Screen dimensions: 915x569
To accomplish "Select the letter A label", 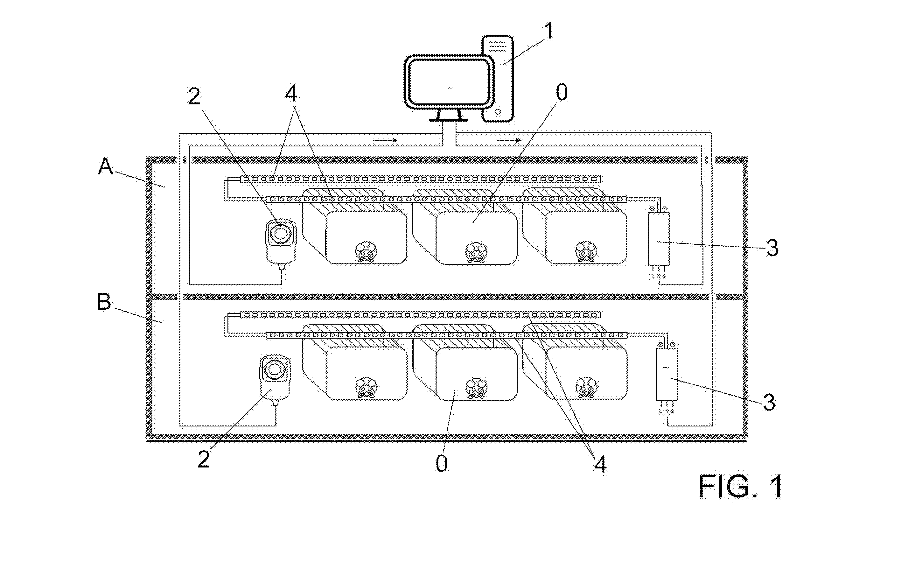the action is (x=105, y=166).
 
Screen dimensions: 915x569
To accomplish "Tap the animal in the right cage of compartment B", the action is (x=586, y=387).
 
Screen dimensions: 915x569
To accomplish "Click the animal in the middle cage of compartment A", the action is (x=476, y=252).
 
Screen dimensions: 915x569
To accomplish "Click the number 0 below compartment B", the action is (x=442, y=464).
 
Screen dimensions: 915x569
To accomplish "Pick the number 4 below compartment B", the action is (x=600, y=464).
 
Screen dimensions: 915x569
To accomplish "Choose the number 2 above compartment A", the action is (x=194, y=97).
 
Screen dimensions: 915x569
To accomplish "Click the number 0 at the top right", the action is (x=561, y=92).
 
